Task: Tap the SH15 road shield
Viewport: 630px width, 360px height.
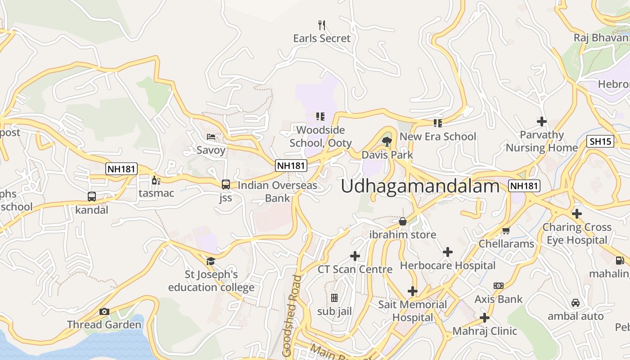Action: tap(601, 141)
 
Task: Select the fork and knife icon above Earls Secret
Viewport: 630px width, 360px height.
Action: tap(321, 25)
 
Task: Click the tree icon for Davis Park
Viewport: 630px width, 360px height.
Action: tap(387, 142)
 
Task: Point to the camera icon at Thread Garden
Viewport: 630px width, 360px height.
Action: tap(104, 311)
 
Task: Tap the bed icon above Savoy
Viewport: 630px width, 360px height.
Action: tap(211, 136)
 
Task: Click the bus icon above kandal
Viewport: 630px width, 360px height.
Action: tap(92, 197)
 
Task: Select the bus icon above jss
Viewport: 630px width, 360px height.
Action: tap(226, 184)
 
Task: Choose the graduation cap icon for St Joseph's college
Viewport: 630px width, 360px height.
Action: tap(211, 261)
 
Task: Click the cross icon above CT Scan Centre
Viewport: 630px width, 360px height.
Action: tap(355, 256)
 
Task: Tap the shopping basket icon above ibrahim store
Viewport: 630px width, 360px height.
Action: tap(403, 221)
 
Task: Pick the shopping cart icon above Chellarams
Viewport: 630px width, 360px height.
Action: tap(506, 231)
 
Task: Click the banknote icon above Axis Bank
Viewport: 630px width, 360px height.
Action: tap(498, 286)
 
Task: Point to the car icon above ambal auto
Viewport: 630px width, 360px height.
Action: tap(576, 303)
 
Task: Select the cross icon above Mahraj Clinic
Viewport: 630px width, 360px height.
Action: tap(485, 318)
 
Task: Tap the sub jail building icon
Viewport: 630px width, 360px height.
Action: tap(334, 298)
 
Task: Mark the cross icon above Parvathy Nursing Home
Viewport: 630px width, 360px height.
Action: tap(542, 121)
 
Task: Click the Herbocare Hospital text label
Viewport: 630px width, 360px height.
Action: tap(448, 265)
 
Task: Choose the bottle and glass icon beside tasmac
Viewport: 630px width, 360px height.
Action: tap(156, 180)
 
